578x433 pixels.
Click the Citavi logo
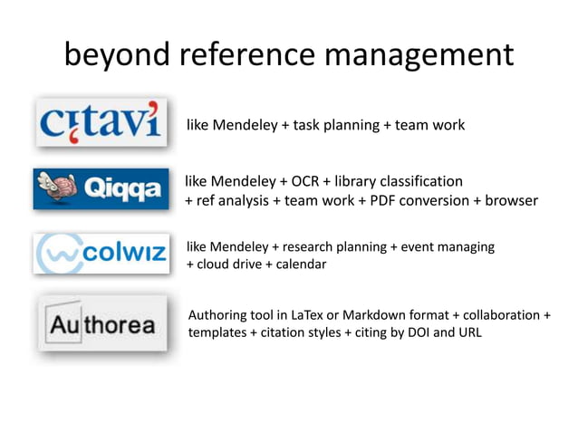coord(101,121)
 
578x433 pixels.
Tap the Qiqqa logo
coord(101,189)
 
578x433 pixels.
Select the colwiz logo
coord(101,254)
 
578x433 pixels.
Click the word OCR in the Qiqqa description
coord(307,181)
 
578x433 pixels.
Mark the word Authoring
coord(220,314)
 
